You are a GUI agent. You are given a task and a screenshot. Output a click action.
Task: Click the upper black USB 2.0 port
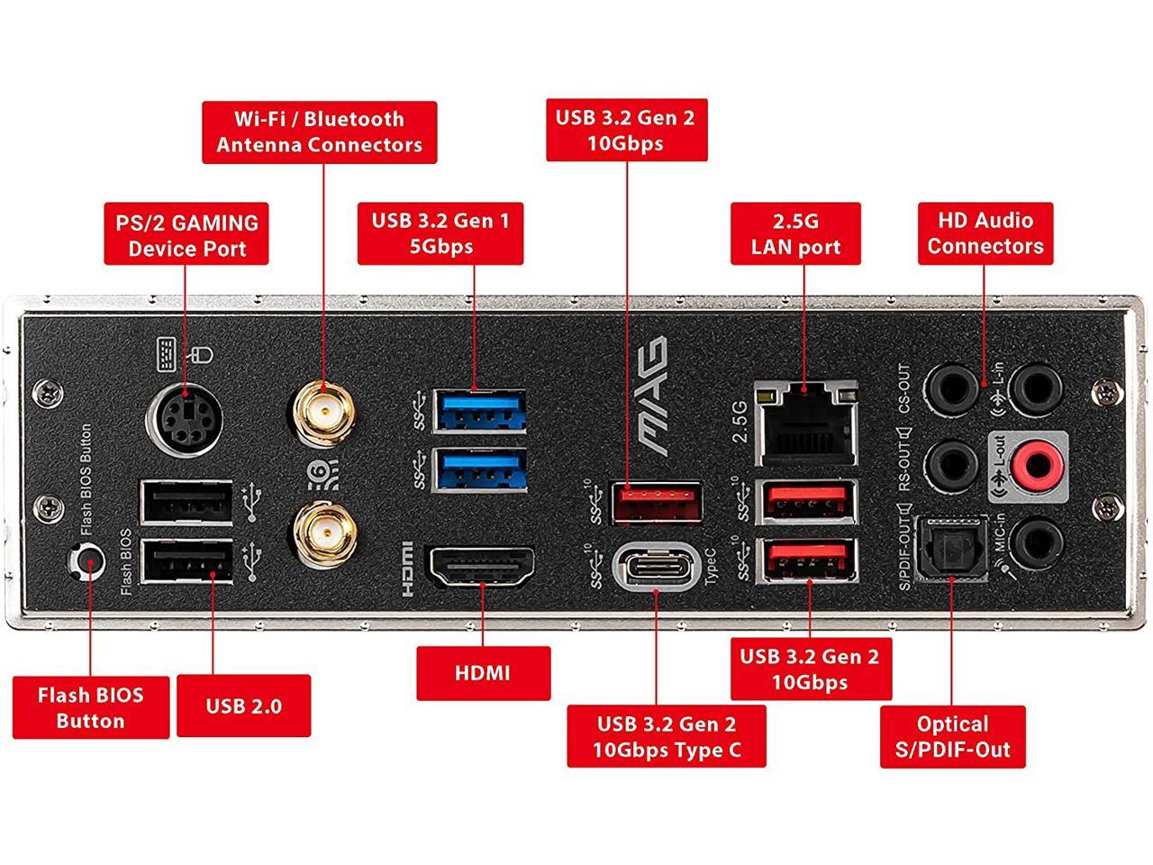click(x=186, y=503)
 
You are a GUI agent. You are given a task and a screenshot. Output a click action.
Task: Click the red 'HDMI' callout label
click(x=483, y=673)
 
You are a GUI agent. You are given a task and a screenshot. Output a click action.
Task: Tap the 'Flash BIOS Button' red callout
click(x=90, y=707)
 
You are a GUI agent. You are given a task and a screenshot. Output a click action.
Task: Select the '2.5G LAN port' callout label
click(x=795, y=234)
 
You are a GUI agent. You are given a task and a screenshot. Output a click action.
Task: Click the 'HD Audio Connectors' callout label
click(x=985, y=233)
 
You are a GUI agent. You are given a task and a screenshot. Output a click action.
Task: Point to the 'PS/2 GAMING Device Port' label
click(x=186, y=235)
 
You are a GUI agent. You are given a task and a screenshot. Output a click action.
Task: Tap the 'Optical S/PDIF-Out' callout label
click(x=952, y=736)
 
